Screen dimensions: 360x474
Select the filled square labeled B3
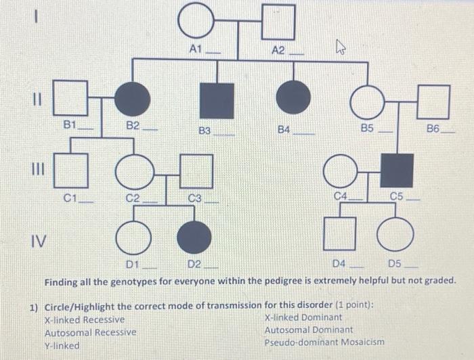(x=217, y=100)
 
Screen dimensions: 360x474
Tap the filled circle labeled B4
(x=293, y=97)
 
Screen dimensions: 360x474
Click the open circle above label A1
(x=196, y=22)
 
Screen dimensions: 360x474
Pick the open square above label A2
(x=278, y=22)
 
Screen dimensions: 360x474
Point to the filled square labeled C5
(x=397, y=171)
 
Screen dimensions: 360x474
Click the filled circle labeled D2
(x=194, y=237)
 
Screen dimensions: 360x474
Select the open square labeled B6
(x=433, y=102)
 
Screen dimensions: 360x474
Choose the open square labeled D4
(x=339, y=234)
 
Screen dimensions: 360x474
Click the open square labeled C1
(x=71, y=170)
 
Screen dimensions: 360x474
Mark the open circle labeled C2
(x=133, y=171)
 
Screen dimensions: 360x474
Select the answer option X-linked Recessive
(x=84, y=319)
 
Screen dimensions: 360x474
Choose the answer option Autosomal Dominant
(x=308, y=330)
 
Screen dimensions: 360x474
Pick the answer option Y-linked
(x=62, y=346)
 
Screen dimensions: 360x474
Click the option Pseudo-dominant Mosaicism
(x=324, y=342)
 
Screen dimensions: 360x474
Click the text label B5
(x=367, y=127)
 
